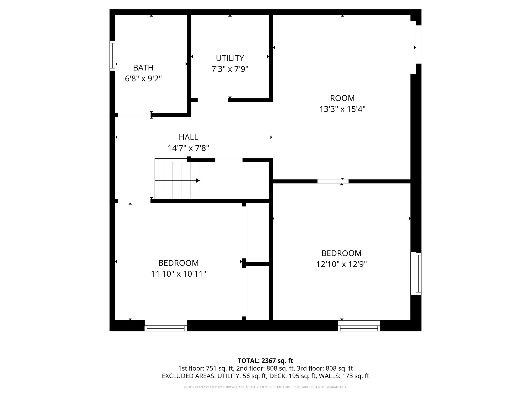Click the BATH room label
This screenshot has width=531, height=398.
tap(143, 68)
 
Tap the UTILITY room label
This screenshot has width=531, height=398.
tap(230, 58)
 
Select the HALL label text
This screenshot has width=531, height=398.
tap(188, 137)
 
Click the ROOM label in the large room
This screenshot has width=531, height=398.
tap(342, 98)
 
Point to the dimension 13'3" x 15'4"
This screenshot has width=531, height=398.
tap(342, 109)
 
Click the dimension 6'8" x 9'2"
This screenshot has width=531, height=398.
tap(143, 79)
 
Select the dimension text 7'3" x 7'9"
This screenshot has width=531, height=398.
tap(230, 69)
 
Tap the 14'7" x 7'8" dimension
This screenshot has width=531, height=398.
tap(188, 148)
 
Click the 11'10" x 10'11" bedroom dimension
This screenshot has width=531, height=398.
tap(179, 274)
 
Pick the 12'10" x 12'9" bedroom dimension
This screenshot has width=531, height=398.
tap(342, 265)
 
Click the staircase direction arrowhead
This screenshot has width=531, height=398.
tap(198, 181)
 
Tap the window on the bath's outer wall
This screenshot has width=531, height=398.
tap(112, 56)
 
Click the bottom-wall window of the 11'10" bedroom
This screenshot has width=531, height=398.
tap(166, 326)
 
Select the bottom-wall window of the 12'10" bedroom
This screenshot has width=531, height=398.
tap(359, 326)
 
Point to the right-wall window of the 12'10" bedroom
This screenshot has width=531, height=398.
tap(416, 273)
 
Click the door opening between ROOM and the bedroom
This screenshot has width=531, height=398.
tap(333, 181)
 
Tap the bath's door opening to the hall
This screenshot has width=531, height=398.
tap(134, 115)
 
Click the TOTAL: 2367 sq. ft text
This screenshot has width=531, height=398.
tap(265, 360)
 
